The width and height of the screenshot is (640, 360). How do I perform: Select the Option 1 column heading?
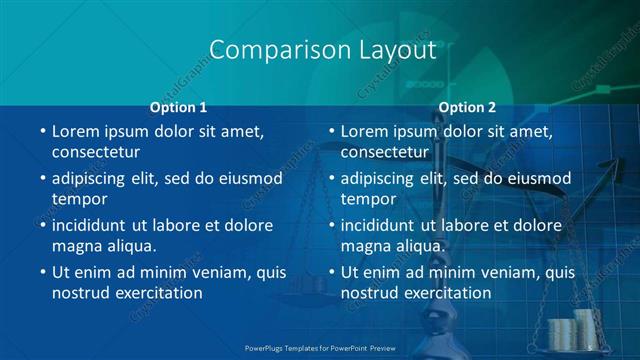click(178, 107)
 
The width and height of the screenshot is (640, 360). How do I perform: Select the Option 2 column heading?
click(467, 107)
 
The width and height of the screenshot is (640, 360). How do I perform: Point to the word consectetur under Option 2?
click(385, 153)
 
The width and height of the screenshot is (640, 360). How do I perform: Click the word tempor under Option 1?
click(79, 199)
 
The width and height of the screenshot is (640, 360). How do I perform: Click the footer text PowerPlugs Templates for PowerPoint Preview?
click(322, 347)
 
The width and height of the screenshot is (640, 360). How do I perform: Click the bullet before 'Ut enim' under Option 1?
click(42, 272)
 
